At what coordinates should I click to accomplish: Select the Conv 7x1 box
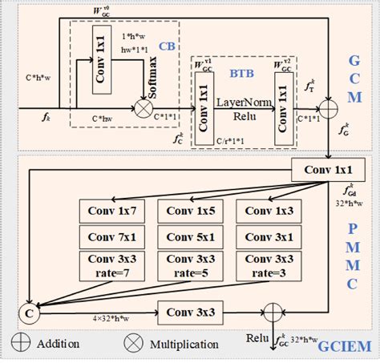[111, 238]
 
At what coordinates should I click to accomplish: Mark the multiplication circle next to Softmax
[122, 106]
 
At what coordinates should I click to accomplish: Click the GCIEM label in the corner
[340, 345]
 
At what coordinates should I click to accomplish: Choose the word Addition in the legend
[57, 344]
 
